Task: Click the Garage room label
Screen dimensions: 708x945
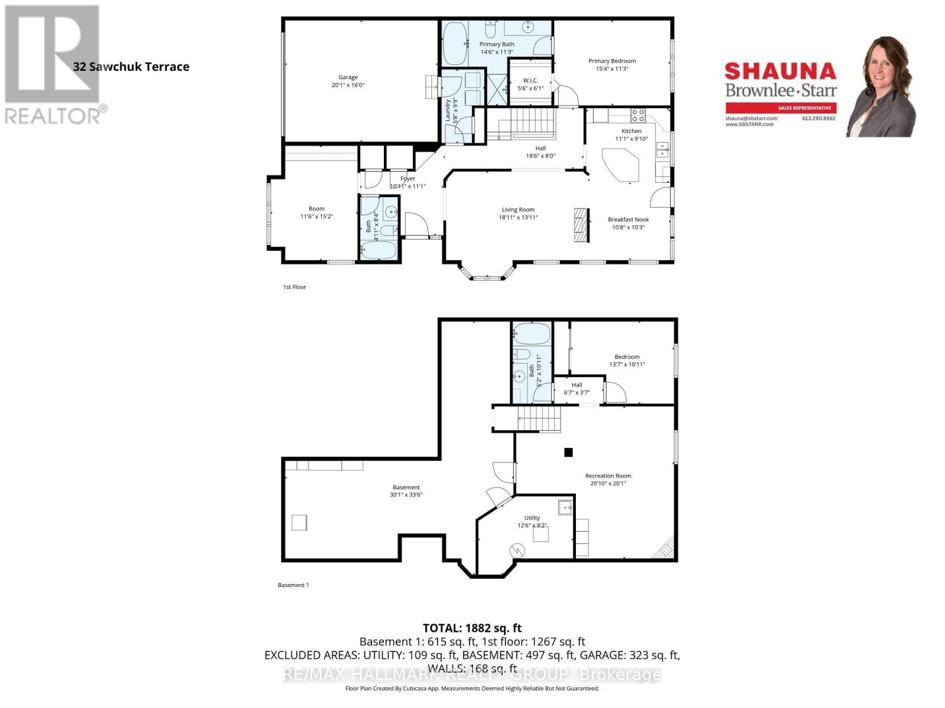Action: click(x=348, y=77)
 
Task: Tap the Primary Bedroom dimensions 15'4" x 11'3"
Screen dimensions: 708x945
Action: click(x=612, y=68)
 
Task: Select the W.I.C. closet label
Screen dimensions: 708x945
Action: click(x=530, y=81)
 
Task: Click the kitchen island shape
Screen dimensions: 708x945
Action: click(x=622, y=165)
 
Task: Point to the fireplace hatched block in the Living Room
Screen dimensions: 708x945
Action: click(x=581, y=225)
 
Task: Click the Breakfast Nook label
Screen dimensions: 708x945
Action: click(x=628, y=219)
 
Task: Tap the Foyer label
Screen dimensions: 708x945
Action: click(x=408, y=178)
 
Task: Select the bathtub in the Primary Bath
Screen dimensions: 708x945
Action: click(x=455, y=44)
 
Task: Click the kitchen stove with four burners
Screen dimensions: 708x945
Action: click(x=638, y=115)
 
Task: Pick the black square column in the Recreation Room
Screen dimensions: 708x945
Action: click(x=568, y=453)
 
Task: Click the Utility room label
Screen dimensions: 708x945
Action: click(x=532, y=518)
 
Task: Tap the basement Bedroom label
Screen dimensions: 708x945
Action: click(x=627, y=357)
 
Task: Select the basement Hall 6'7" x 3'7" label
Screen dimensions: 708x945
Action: click(x=576, y=388)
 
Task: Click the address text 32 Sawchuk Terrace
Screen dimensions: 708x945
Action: click(x=131, y=67)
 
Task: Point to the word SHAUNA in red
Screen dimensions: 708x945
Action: click(x=780, y=71)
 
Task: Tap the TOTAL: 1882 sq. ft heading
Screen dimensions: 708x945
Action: click(x=472, y=628)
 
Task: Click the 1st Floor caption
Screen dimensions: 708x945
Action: click(x=294, y=287)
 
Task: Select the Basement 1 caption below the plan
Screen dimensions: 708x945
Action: click(x=293, y=585)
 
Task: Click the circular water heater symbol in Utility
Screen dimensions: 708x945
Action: click(x=517, y=550)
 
